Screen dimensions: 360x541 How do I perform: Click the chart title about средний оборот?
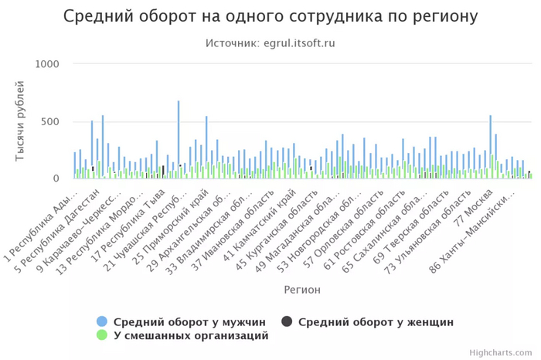(270, 16)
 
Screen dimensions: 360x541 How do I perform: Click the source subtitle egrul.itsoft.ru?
(270, 43)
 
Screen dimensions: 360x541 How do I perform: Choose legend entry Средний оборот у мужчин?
(189, 321)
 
